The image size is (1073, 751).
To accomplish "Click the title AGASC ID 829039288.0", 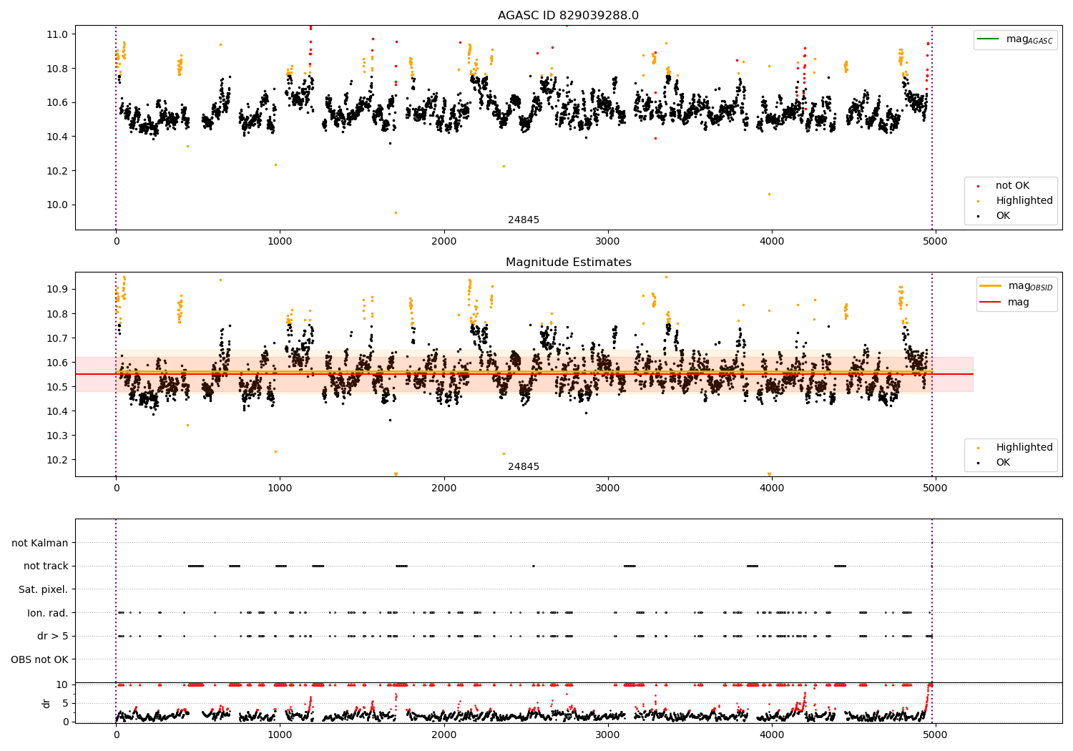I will [x=568, y=16].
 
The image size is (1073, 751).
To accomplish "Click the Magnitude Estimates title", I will [x=568, y=262].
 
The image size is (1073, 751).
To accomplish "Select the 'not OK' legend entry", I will [x=1012, y=186].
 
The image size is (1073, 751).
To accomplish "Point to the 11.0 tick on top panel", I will [x=57, y=34].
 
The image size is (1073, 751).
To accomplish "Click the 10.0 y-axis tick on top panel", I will [x=57, y=205].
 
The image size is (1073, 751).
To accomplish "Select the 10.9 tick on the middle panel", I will [x=57, y=290].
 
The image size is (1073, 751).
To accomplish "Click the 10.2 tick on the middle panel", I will [x=57, y=460].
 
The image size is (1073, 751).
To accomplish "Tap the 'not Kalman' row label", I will [x=40, y=544].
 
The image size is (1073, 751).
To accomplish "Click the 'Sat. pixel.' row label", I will [x=43, y=590].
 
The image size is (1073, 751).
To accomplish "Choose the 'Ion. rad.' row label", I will [x=47, y=613].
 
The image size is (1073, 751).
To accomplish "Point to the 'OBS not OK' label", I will [x=39, y=659].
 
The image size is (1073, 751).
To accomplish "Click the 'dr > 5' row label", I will [x=52, y=637].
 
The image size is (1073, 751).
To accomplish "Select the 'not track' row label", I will [x=46, y=566].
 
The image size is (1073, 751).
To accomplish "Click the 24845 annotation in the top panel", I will [x=524, y=220].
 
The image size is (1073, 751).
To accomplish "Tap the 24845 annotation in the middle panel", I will [x=524, y=467].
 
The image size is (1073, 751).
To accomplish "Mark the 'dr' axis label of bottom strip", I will [x=46, y=703].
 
